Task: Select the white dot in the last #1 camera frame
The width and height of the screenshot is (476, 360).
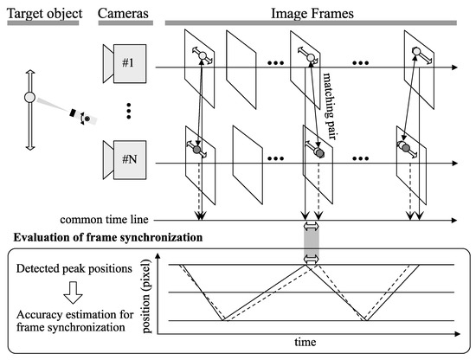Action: click(416, 53)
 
